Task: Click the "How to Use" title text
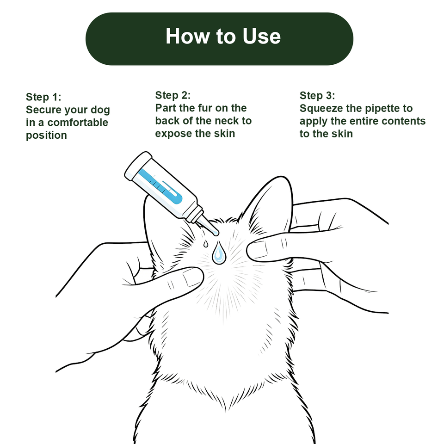223,36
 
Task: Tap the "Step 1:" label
43,97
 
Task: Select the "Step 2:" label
173,95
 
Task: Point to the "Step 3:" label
317,95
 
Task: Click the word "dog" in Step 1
100,110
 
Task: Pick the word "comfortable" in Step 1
78,123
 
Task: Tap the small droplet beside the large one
205,244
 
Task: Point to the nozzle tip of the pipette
216,233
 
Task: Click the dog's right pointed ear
268,204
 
